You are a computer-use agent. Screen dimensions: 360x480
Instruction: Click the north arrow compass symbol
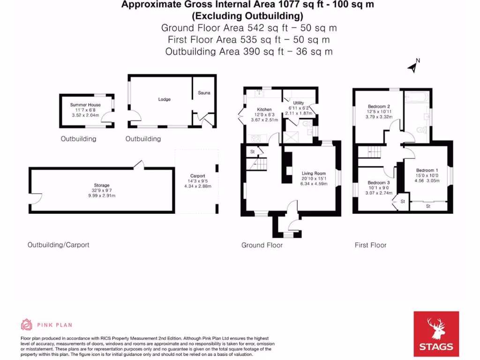(412, 67)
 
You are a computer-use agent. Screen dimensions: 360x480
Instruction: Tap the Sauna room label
(204, 93)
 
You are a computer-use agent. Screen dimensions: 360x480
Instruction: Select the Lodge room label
(164, 99)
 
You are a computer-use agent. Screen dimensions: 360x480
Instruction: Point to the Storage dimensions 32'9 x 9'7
(101, 191)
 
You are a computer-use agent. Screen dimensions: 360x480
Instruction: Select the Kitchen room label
(264, 110)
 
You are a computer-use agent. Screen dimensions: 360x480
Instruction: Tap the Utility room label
(299, 103)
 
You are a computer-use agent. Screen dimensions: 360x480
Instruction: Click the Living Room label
(313, 173)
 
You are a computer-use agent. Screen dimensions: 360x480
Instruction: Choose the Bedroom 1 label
(427, 170)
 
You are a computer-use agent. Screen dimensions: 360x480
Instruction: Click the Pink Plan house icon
(27, 324)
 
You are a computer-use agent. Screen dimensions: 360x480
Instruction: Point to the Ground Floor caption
(262, 245)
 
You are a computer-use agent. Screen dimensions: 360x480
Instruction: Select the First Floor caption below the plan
(370, 245)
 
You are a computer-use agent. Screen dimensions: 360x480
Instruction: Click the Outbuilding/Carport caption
(58, 245)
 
